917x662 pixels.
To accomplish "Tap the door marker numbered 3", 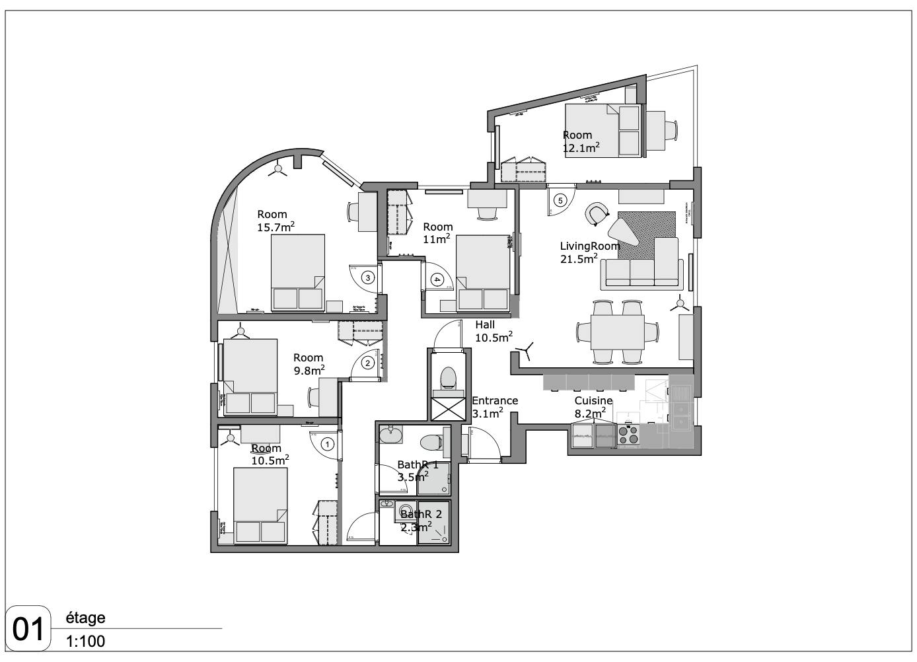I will pos(369,278).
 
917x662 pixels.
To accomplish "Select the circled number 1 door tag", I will pos(327,445).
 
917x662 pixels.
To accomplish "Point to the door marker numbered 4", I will pos(437,279).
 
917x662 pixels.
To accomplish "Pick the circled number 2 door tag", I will pos(369,363).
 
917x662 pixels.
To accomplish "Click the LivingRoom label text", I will pos(590,246).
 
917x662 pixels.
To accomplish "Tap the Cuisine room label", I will pos(593,401).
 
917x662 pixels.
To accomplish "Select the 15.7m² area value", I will pos(275,227).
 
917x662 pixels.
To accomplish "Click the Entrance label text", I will pos(495,400).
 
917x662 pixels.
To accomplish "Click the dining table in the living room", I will pos(617,332).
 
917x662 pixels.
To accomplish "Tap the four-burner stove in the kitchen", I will pos(628,434).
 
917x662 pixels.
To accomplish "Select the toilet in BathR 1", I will pos(433,442).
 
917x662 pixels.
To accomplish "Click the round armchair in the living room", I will pos(597,213).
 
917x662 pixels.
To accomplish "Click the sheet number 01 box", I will pos(28,628).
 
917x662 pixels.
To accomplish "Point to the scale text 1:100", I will pos(85,642).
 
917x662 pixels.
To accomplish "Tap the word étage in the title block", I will pos(85,618).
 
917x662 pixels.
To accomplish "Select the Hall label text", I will pos(485,324).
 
